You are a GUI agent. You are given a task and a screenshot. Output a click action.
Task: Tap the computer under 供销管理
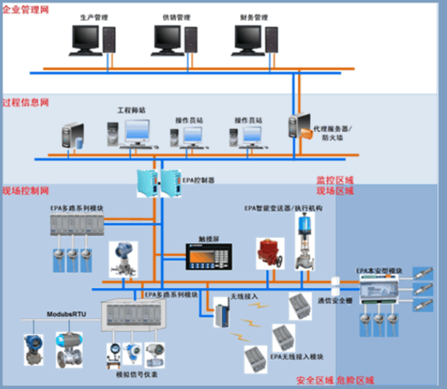170,39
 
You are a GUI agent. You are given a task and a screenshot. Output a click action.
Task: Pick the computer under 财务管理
251,39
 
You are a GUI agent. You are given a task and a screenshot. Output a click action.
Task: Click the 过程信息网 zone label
25,102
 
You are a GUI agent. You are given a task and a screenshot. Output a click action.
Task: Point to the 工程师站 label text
131,110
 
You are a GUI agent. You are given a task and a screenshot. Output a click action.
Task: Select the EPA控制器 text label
199,178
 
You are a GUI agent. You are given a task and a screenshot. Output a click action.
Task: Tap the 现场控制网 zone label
25,191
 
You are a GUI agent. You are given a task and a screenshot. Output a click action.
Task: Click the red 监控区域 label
335,179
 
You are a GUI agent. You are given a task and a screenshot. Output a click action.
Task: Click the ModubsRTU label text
67,315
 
